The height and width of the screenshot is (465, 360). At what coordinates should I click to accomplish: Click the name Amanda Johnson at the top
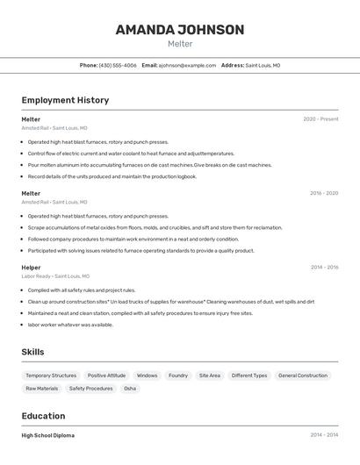point(179,30)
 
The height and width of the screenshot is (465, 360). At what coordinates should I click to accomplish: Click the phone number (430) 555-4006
point(118,65)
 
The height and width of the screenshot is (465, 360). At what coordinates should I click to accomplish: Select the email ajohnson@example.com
point(187,65)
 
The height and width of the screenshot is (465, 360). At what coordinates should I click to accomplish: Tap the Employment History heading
point(65,100)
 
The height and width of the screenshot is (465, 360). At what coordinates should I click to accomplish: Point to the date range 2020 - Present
point(320,119)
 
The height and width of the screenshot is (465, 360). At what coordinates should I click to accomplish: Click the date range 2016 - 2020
point(324,193)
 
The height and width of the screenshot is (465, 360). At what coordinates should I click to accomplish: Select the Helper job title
point(31,268)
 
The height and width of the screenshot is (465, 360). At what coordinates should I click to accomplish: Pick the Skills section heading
point(32,352)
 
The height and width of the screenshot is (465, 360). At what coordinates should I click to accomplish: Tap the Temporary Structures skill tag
point(51,376)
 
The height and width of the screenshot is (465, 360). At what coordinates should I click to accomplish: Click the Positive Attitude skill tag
point(106,376)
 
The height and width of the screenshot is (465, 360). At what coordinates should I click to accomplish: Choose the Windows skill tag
point(147,376)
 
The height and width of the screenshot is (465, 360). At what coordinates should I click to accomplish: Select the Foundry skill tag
point(178,376)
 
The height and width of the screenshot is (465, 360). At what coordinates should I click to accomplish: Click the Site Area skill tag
point(210,376)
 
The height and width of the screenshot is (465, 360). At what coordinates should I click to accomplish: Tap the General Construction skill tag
point(303,376)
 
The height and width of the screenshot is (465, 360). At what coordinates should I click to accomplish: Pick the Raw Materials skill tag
point(42,388)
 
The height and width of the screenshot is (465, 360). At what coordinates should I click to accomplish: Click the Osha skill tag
point(130,388)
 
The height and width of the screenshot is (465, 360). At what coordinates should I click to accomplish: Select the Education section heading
point(43,416)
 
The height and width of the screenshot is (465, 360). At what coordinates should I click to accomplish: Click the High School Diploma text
point(48,435)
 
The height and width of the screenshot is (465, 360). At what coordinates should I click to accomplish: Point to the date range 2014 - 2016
point(324,268)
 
